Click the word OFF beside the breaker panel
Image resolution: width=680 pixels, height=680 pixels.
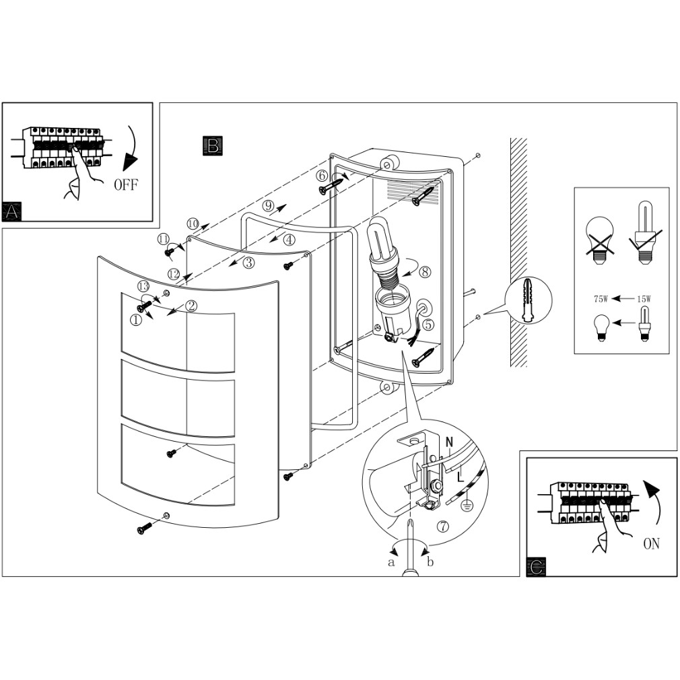point(126,184)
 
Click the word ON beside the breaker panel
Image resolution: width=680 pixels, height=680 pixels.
point(651,543)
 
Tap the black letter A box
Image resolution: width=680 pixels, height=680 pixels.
point(11,211)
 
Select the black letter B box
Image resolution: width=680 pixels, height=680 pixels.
point(211,145)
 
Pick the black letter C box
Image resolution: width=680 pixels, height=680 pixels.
point(536,567)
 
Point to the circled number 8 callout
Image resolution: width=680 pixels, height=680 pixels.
point(424,273)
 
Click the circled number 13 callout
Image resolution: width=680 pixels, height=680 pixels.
point(143,287)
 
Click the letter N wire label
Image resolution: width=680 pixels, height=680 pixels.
point(449,442)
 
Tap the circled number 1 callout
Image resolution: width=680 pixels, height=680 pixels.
point(136,320)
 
